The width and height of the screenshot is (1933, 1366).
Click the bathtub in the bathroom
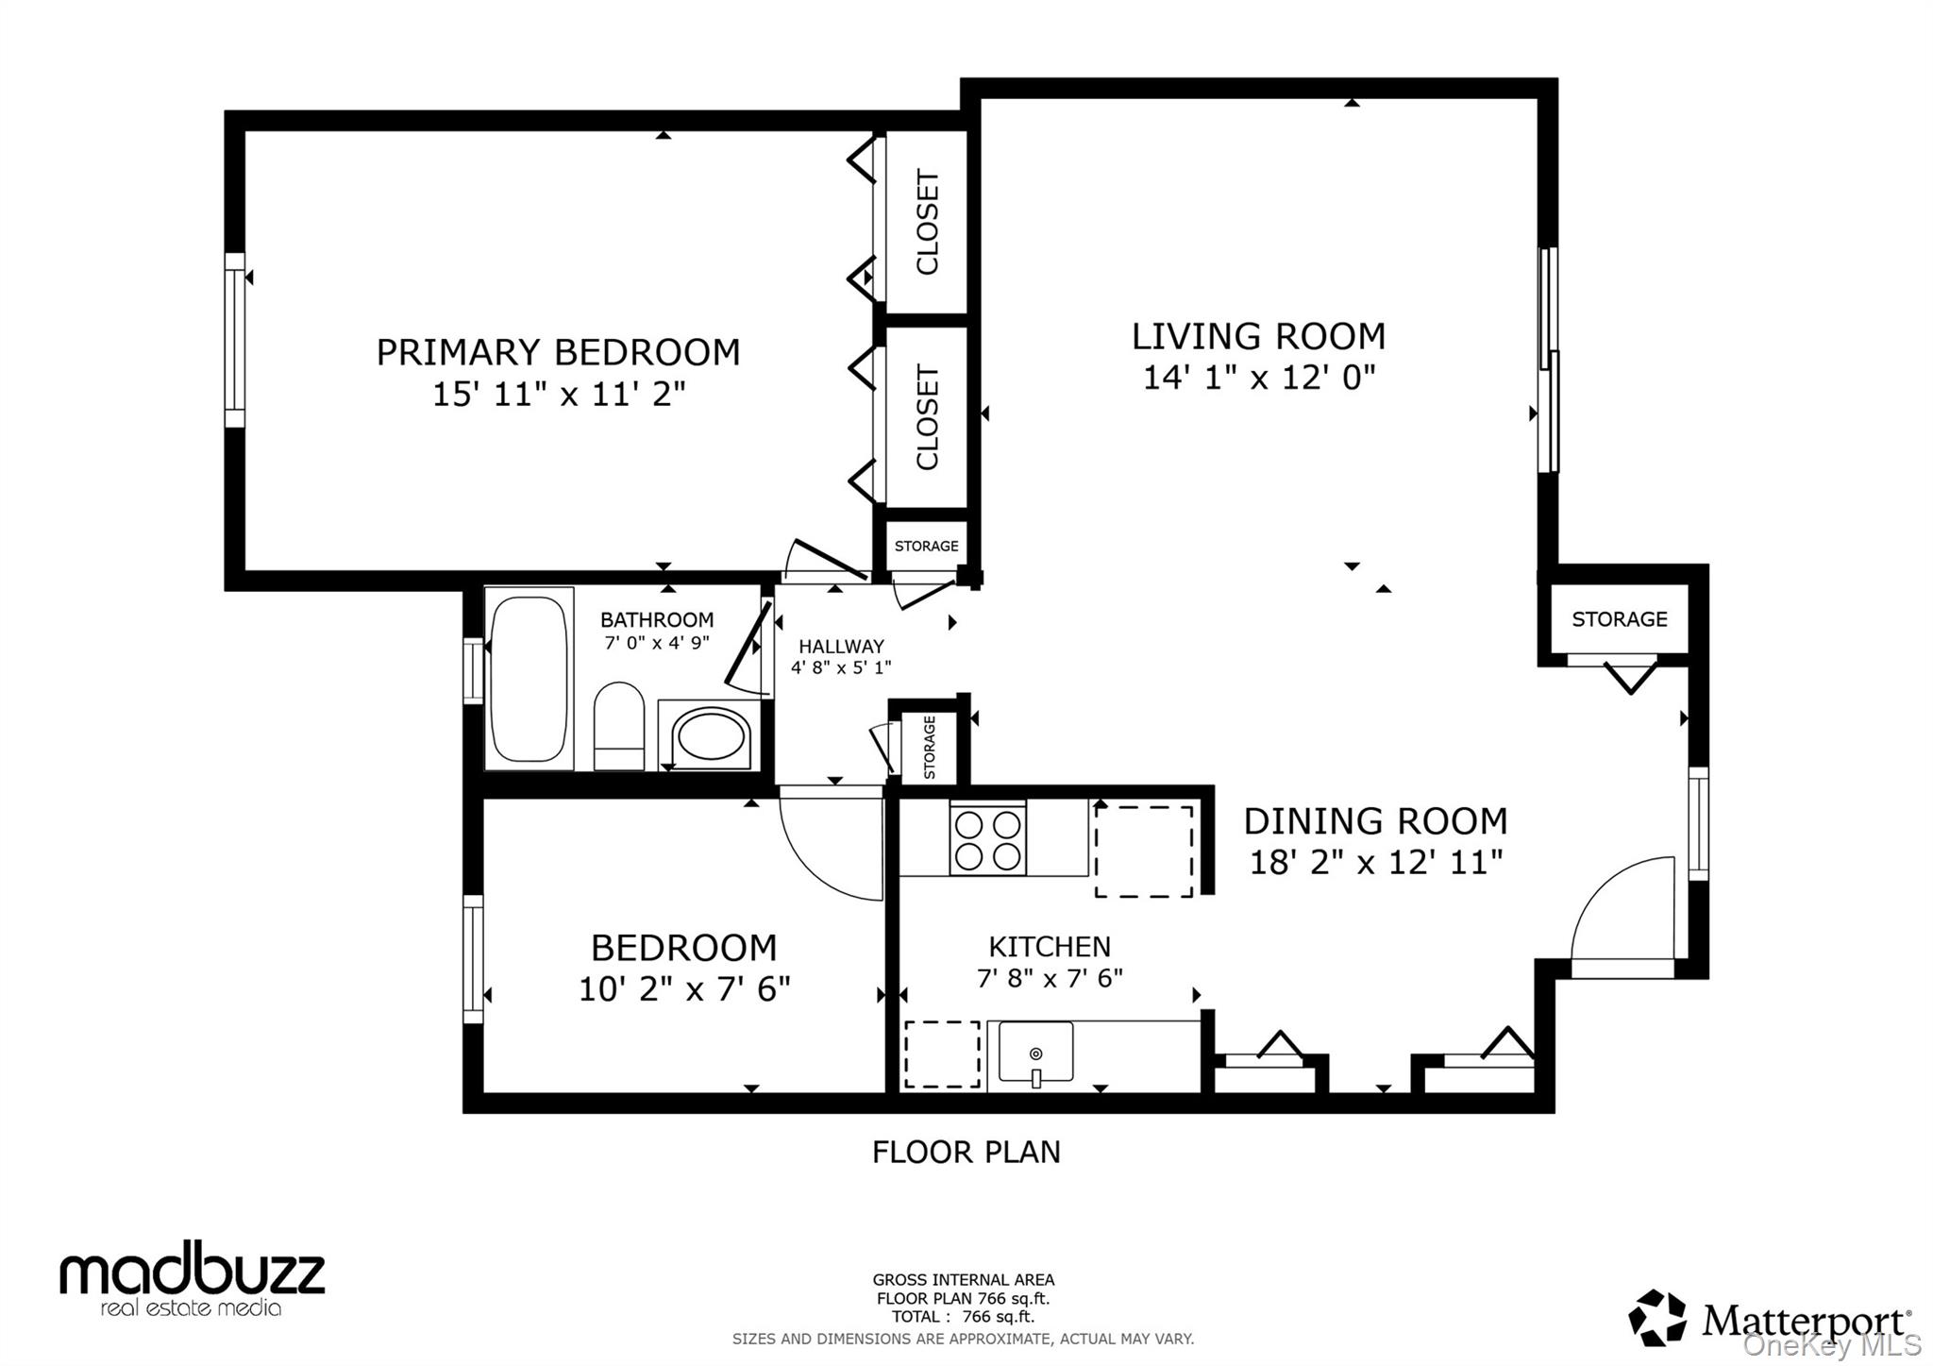point(529,678)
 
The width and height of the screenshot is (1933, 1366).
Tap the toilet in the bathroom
point(619,727)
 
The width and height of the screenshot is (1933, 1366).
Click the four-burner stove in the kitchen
point(987,838)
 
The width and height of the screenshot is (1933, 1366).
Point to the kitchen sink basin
point(1035,1053)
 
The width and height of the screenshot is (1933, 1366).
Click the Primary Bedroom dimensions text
point(559,394)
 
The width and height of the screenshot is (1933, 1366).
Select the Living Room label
point(1258,336)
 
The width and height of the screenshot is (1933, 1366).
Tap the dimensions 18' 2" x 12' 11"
point(1375,862)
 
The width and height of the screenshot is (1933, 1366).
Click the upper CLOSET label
point(928,223)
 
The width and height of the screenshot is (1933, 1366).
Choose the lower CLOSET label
point(928,417)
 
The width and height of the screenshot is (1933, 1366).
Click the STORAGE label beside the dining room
point(1619,619)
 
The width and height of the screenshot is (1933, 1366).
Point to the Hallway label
point(841,647)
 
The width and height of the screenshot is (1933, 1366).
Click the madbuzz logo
point(193,1279)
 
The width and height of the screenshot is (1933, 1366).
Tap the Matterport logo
point(1771,1319)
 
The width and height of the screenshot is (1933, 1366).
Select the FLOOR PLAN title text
point(966,1152)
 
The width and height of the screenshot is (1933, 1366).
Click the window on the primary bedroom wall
point(234,340)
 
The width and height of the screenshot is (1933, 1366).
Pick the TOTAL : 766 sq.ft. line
point(963,1317)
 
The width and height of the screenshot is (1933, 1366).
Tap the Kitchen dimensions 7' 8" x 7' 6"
point(1050,978)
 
